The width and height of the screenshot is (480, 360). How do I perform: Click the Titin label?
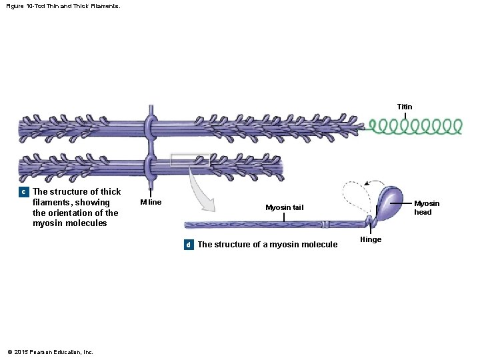pyautogui.click(x=405, y=107)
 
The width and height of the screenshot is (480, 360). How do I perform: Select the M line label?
pyautogui.click(x=151, y=202)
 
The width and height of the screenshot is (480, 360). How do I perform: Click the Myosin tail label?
pyautogui.click(x=284, y=207)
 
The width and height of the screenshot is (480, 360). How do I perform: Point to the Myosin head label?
pyautogui.click(x=427, y=208)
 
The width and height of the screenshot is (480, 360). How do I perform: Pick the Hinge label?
pyautogui.click(x=371, y=239)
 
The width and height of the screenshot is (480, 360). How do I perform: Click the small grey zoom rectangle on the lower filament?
pyautogui.click(x=190, y=160)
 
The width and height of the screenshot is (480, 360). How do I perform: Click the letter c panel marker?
pyautogui.click(x=24, y=192)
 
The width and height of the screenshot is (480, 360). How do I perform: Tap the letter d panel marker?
pyautogui.click(x=189, y=245)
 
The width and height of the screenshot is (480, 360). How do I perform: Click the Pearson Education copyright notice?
pyautogui.click(x=49, y=352)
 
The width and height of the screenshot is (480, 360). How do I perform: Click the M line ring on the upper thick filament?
pyautogui.click(x=151, y=126)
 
